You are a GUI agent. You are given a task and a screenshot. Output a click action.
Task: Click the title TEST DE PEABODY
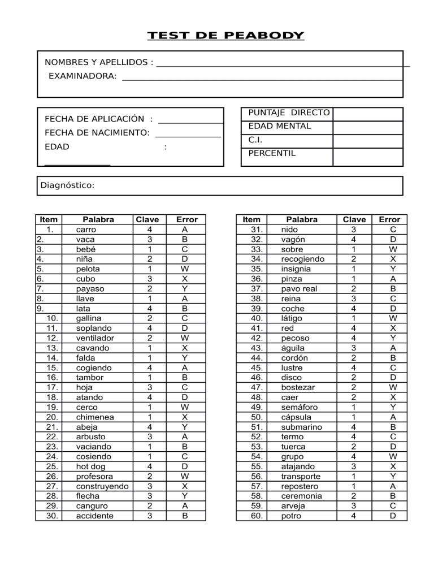tap(225, 36)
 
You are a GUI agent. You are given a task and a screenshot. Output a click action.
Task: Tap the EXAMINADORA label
tap(83, 76)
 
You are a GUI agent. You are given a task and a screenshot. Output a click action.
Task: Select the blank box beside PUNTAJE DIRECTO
tap(367, 114)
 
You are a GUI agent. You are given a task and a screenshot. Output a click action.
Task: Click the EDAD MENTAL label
tap(280, 126)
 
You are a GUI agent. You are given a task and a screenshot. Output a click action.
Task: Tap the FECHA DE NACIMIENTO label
tap(97, 133)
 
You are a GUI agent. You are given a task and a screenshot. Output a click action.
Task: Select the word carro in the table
tap(86, 230)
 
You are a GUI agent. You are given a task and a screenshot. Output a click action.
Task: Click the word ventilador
tap(95, 338)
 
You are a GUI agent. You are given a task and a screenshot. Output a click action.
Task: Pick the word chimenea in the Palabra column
tap(94, 417)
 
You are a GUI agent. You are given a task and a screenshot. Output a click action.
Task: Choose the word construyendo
tap(101, 486)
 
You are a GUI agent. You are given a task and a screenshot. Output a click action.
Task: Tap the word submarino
tap(303, 427)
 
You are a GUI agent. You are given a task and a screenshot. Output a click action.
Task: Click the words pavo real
tap(300, 288)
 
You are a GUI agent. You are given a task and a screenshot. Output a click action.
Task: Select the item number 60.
tap(257, 515)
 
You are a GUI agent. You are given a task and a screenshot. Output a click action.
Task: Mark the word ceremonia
tap(303, 495)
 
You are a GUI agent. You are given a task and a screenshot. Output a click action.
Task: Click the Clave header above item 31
tap(354, 219)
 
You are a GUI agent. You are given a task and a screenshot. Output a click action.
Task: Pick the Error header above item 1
tap(187, 219)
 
